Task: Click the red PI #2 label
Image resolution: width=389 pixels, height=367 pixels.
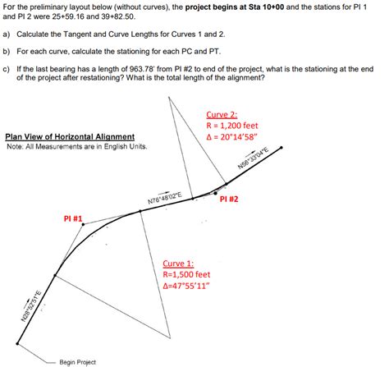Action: coord(230,199)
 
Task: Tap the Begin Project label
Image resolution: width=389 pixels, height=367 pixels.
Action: coord(77,361)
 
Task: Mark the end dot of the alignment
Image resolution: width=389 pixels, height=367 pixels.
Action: coord(283,149)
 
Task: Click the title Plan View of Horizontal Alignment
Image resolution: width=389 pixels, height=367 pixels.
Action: coord(70,137)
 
